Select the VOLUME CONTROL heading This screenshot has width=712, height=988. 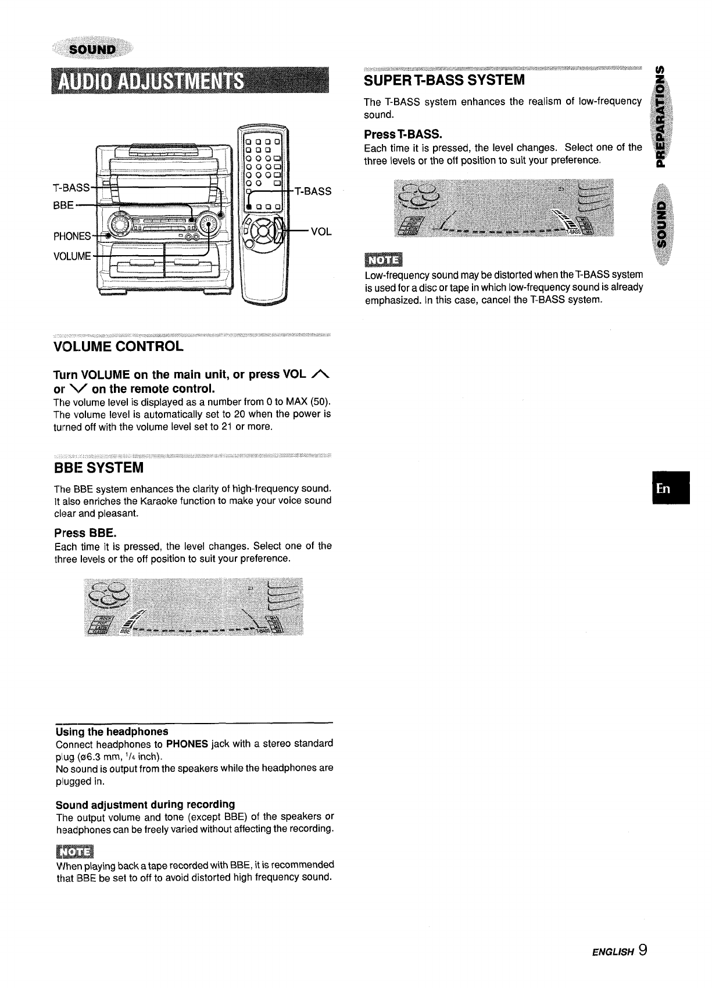point(119,347)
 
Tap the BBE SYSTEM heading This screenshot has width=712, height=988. point(98,467)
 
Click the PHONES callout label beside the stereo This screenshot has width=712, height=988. point(72,237)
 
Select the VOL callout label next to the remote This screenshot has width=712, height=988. point(321,231)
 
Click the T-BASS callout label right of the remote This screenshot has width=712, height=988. point(313,191)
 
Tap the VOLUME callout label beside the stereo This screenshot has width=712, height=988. point(72,256)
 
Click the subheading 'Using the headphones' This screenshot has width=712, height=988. point(112,731)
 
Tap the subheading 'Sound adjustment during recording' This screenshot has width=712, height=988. point(145,804)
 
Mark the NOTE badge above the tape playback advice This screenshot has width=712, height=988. point(75,852)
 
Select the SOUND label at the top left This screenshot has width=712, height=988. point(93,49)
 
